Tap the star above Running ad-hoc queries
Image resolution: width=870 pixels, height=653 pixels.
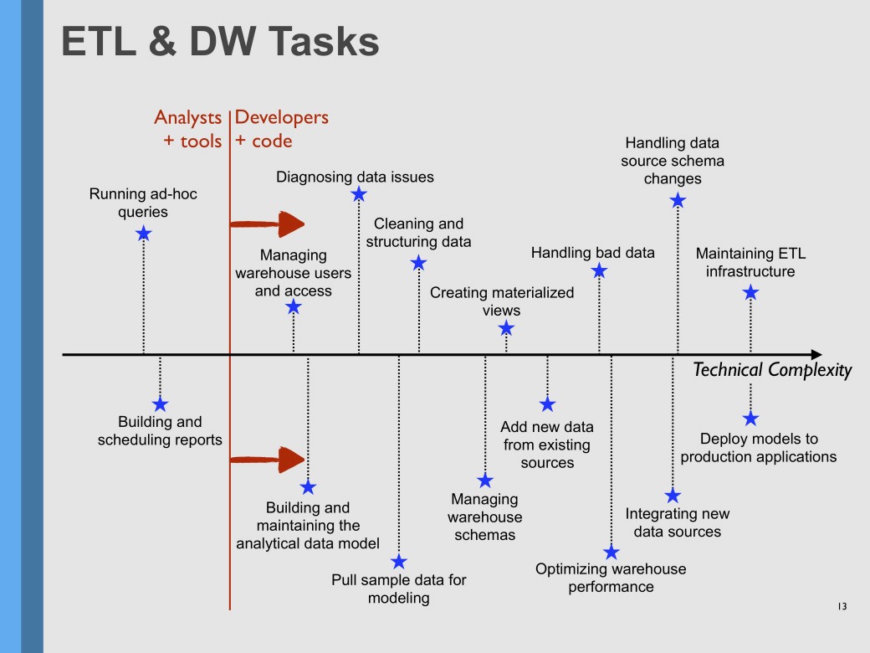tap(143, 234)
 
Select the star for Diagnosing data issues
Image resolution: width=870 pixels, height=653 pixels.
tap(359, 194)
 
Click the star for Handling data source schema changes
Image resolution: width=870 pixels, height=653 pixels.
tap(678, 200)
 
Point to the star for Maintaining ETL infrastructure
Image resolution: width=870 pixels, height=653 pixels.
tap(750, 292)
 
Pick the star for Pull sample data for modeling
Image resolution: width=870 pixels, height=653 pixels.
tap(399, 562)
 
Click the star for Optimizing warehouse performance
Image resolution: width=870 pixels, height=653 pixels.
tap(612, 552)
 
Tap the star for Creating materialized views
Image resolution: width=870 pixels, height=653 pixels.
tap(506, 329)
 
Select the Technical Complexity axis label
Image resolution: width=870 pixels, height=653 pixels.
tap(772, 370)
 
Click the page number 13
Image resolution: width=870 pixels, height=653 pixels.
tap(842, 606)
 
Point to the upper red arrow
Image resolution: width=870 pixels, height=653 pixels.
tap(267, 224)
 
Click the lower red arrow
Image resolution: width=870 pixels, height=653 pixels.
tap(267, 459)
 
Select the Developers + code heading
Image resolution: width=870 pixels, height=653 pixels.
tap(281, 129)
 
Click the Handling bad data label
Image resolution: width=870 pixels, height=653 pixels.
tap(592, 253)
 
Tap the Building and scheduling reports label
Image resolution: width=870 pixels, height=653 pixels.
tap(160, 430)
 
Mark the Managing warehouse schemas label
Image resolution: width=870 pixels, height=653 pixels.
tap(484, 517)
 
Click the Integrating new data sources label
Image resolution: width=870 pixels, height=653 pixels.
tap(677, 522)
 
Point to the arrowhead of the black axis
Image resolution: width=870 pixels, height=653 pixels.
tap(816, 355)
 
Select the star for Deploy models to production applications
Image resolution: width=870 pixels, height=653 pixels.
tap(750, 418)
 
